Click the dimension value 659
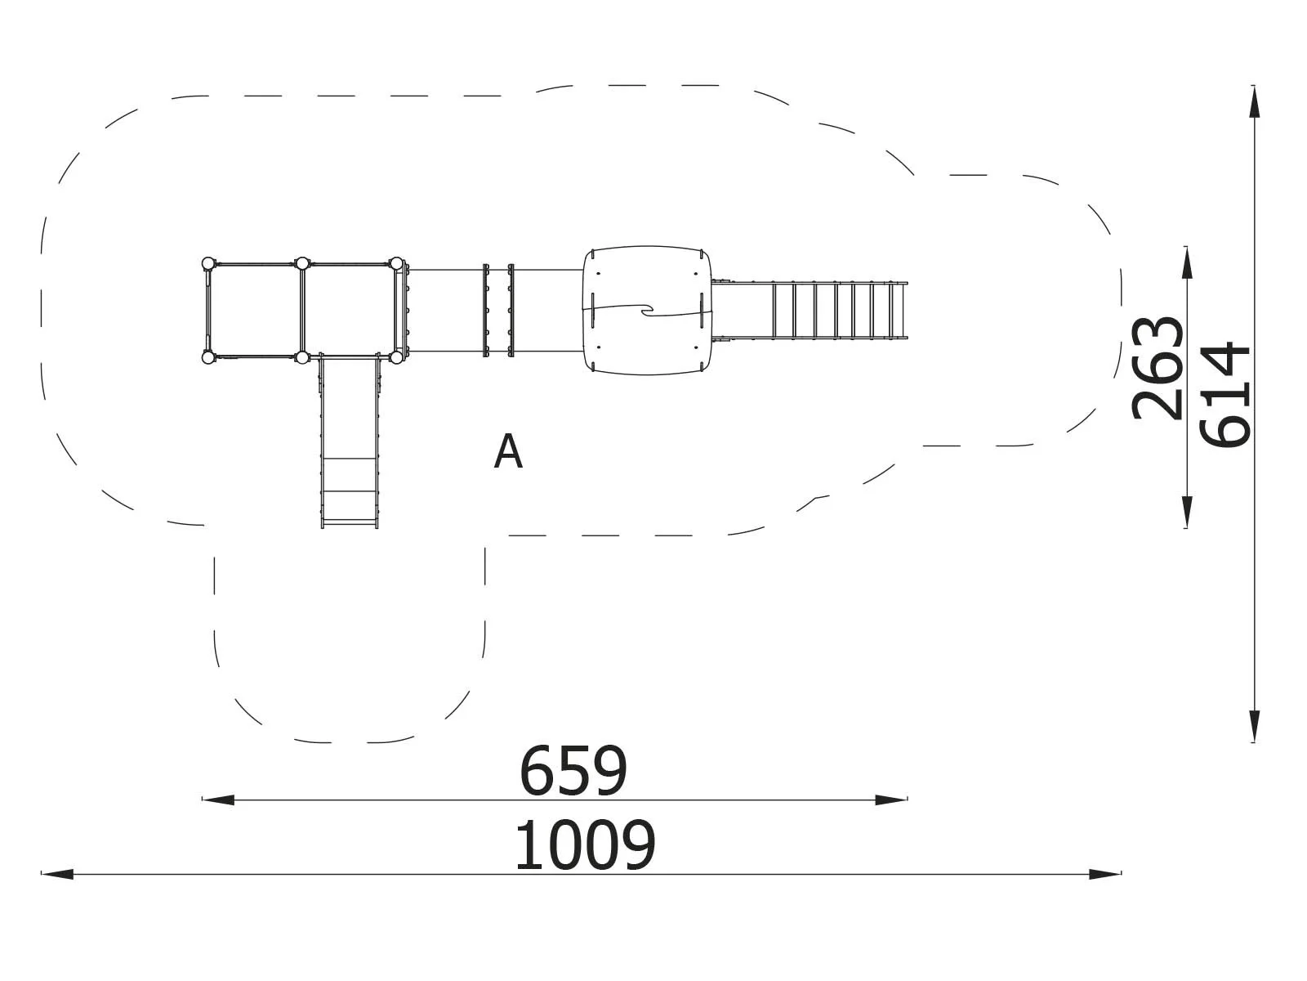(573, 771)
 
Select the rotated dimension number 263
(1158, 369)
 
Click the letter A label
(508, 452)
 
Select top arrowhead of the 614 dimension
(1254, 101)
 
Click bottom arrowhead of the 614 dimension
(1254, 727)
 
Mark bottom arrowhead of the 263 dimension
(1186, 513)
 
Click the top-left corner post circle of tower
(207, 263)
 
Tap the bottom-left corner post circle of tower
(207, 357)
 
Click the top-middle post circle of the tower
(302, 263)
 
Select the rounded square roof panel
(648, 310)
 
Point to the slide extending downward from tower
(350, 441)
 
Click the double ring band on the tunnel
(499, 310)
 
